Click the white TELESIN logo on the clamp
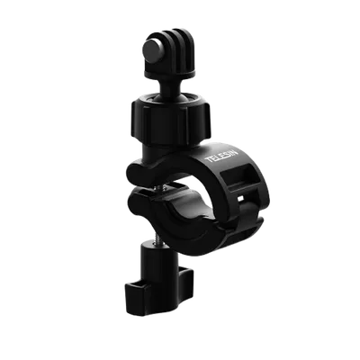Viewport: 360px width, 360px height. click(222, 156)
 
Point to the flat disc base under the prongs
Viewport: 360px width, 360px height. click(170, 72)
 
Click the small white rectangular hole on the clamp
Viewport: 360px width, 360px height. click(240, 198)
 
